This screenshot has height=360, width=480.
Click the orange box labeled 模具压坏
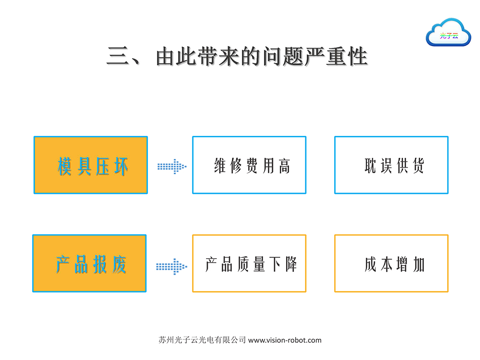(91, 165)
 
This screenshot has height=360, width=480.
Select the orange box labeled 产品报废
(89, 264)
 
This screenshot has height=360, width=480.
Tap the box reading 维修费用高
(249, 165)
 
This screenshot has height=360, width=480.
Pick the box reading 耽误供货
(391, 165)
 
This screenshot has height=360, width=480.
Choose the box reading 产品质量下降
(249, 264)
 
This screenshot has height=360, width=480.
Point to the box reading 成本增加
(391, 264)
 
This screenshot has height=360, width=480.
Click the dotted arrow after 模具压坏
(172, 167)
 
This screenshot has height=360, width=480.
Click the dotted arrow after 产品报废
(172, 266)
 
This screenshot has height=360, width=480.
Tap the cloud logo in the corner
(448, 33)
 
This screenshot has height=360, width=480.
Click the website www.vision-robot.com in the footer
(285, 340)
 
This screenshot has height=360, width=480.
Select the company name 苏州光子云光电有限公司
(203, 340)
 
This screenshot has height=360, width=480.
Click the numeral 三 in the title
(118, 56)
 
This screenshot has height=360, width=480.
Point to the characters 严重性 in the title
(336, 56)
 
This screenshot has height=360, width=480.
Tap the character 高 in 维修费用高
(284, 166)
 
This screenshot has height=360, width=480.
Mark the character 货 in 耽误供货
(418, 166)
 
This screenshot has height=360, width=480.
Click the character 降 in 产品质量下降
(291, 264)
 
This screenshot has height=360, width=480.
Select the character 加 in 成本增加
(419, 265)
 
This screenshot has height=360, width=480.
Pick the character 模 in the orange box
(65, 167)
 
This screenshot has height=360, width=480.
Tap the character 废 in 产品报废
(119, 264)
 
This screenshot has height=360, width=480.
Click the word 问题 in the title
(284, 56)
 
